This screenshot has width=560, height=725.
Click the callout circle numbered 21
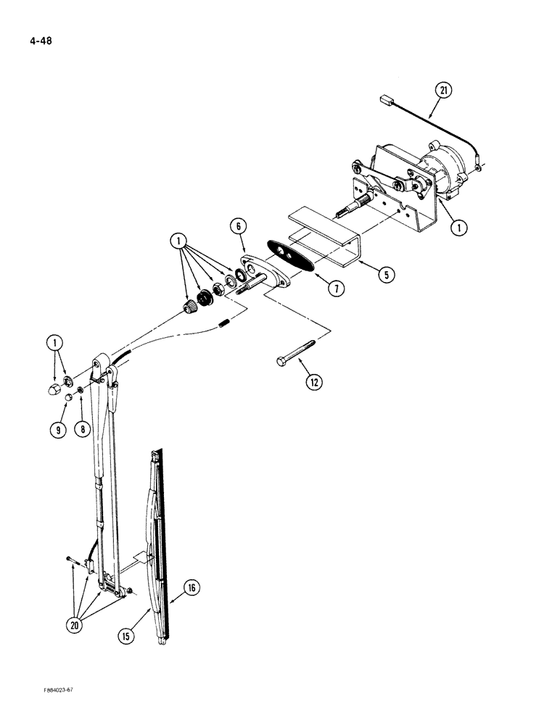[443, 91]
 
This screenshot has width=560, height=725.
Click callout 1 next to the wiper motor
[458, 228]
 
